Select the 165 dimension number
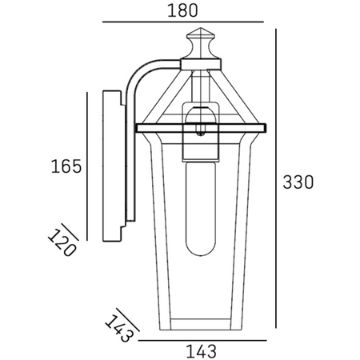(x=66, y=166)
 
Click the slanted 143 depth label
(x=117, y=327)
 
